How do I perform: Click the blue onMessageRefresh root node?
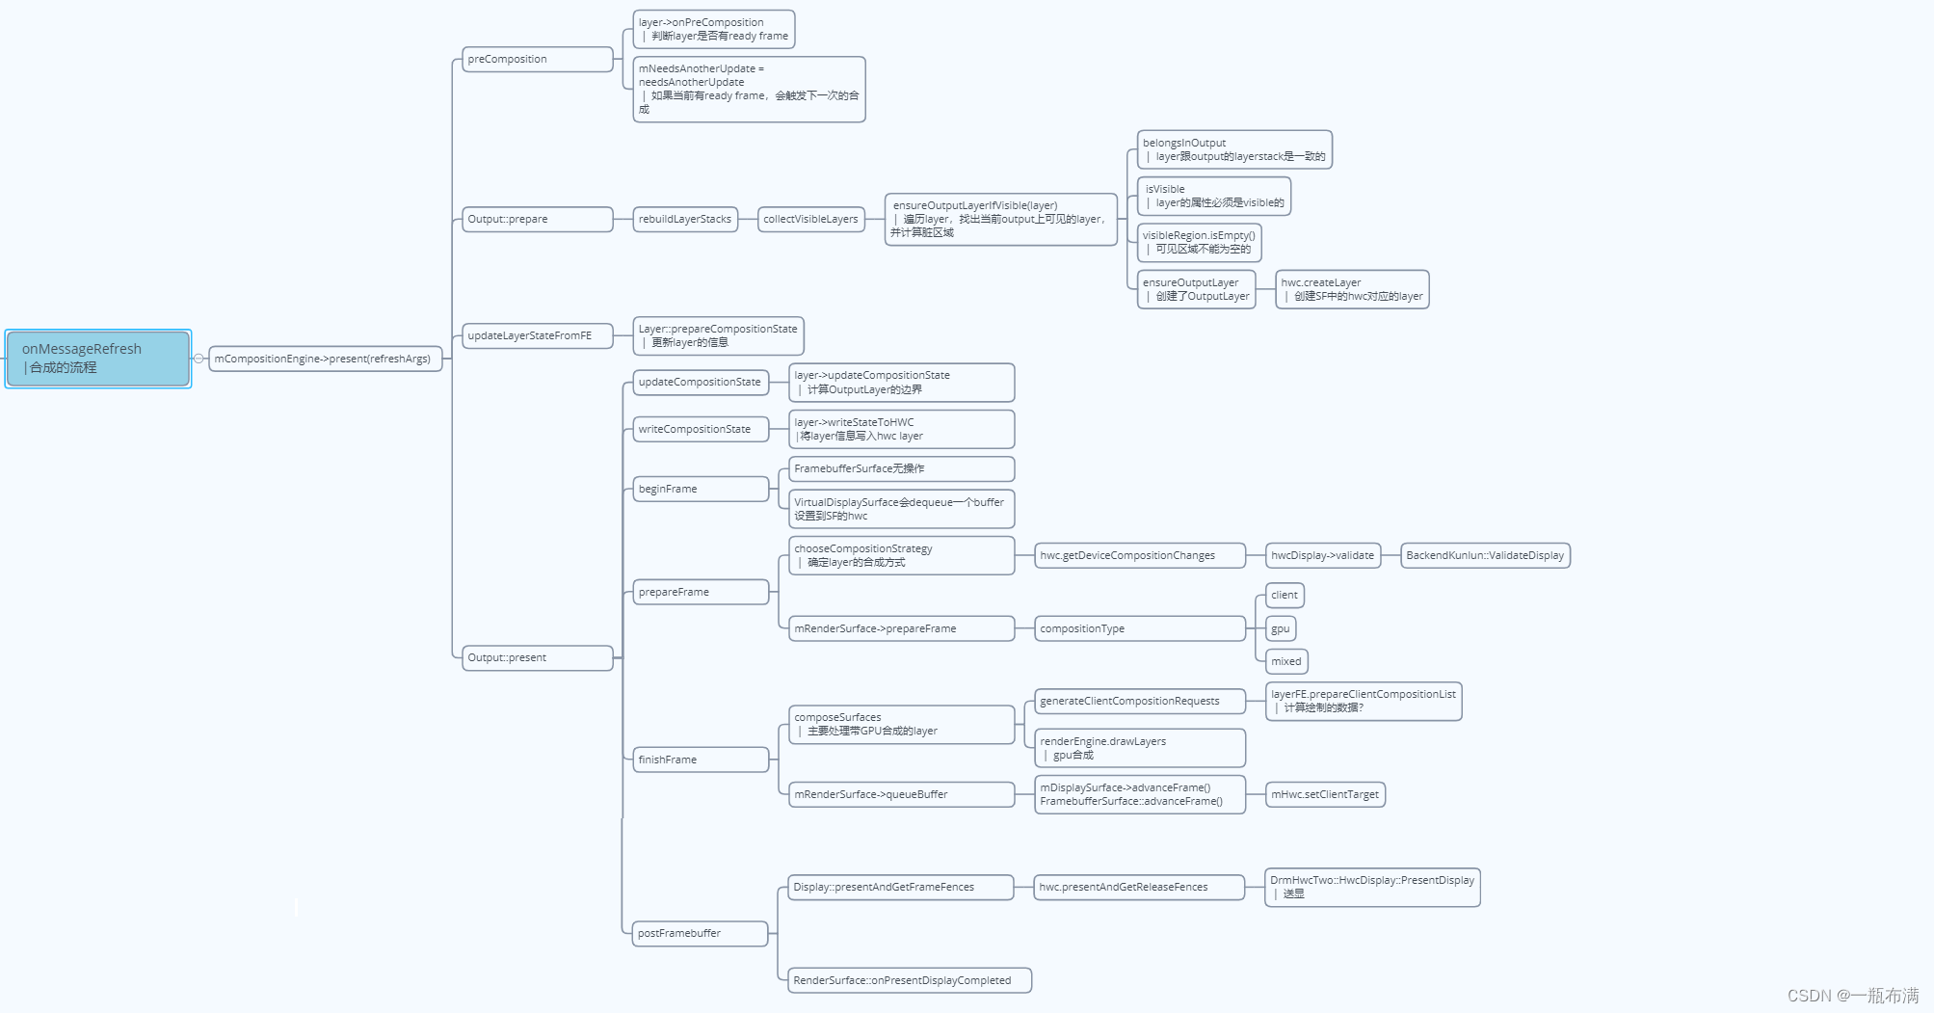[97, 359]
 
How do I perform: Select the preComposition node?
[537, 60]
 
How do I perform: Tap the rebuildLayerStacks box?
[685, 220]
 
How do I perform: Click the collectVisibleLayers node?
[810, 220]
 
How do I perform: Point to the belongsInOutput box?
[1233, 149]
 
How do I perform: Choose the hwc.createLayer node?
[1351, 289]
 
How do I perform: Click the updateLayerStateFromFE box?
[537, 335]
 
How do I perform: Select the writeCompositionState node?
[701, 429]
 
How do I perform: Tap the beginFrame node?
[701, 489]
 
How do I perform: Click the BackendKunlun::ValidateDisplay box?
[1485, 555]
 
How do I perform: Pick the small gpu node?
[1280, 628]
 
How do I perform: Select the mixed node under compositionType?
[1285, 661]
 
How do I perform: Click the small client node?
[1284, 595]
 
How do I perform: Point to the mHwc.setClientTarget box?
[1325, 794]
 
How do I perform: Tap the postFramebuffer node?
[700, 933]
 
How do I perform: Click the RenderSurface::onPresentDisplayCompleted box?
[909, 980]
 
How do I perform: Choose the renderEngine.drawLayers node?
[1139, 748]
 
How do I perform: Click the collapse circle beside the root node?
[199, 359]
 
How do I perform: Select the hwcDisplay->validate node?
[1322, 555]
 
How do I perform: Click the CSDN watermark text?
[1852, 995]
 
